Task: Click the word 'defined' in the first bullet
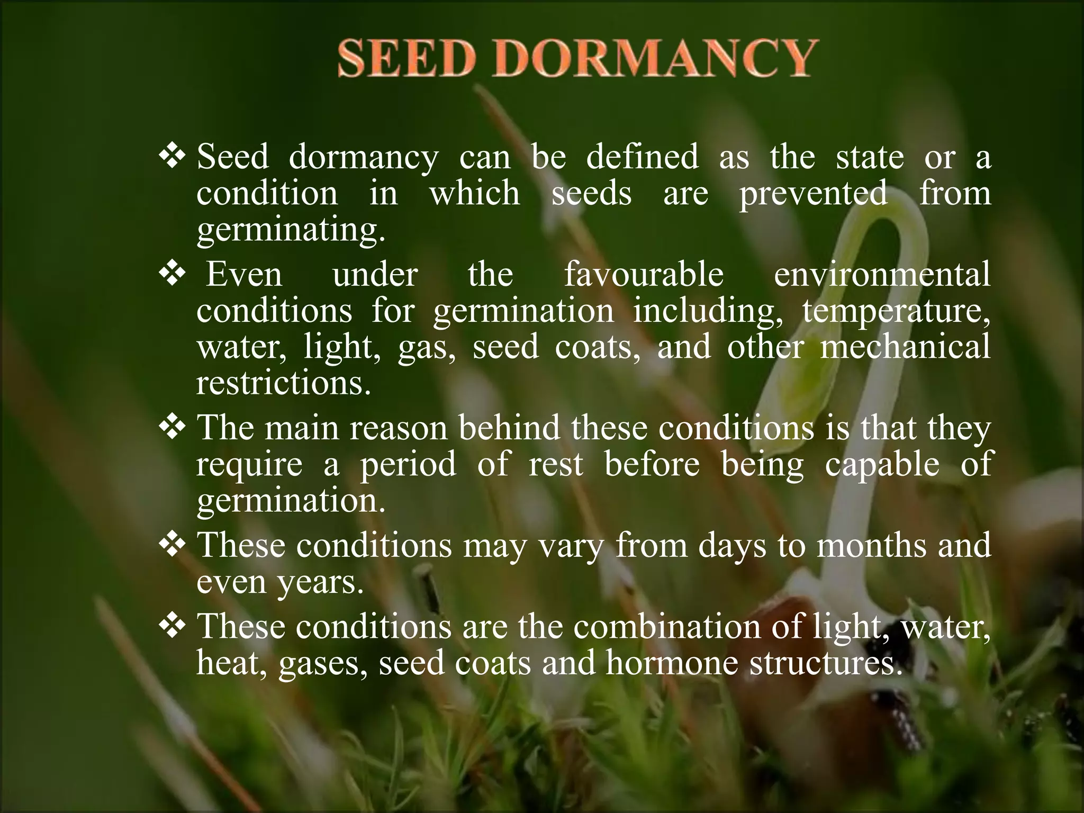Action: (642, 157)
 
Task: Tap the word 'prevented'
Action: (813, 193)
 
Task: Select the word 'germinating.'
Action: (291, 230)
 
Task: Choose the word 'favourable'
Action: (643, 275)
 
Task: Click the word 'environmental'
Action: (882, 275)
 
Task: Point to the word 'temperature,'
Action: (896, 312)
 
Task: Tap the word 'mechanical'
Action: (905, 347)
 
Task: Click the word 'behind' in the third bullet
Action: (510, 427)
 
